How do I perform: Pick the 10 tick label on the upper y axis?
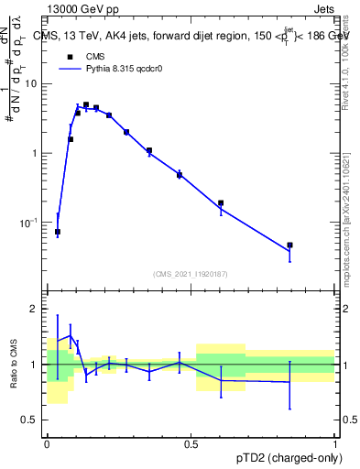[x=31, y=83]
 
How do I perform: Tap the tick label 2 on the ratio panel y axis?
[x=36, y=309]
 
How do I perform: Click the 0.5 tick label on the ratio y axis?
[x=31, y=420]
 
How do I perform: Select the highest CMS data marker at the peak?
[x=86, y=105]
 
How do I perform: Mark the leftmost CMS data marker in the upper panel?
[x=58, y=232]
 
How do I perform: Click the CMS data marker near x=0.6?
[x=221, y=203]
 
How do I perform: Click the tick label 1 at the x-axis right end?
[x=334, y=445]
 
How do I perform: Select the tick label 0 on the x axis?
[x=47, y=445]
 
